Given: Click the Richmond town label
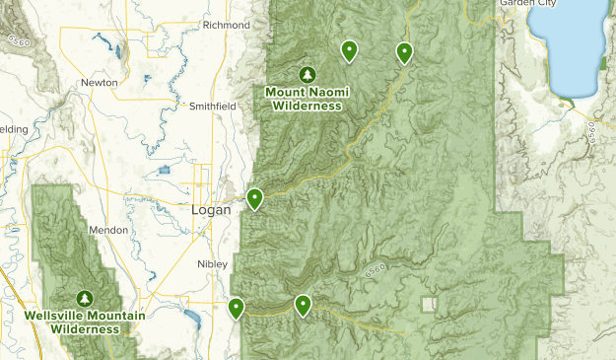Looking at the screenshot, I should (x=227, y=25).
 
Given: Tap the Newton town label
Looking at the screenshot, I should (x=100, y=82).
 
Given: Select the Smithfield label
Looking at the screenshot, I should (x=213, y=105).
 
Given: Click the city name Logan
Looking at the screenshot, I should (x=210, y=210).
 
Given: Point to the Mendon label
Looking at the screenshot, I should (x=108, y=230).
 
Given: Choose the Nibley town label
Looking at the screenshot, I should (x=212, y=264).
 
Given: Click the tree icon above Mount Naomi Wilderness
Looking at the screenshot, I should (x=307, y=74).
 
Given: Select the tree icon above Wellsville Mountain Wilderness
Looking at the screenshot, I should (x=86, y=298).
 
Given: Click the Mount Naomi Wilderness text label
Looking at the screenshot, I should (x=307, y=99).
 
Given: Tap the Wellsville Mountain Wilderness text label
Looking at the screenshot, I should (x=86, y=322).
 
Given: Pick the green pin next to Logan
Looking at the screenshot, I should (x=254, y=198).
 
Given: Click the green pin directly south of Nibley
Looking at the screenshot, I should (x=237, y=308).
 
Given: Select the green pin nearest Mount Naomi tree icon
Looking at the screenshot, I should (x=349, y=49).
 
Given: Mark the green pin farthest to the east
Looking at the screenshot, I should (x=403, y=52).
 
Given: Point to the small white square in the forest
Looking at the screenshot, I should (x=429, y=305).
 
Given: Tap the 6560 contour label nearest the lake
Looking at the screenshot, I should (x=590, y=133).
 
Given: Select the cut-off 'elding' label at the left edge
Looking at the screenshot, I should (x=13, y=129).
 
